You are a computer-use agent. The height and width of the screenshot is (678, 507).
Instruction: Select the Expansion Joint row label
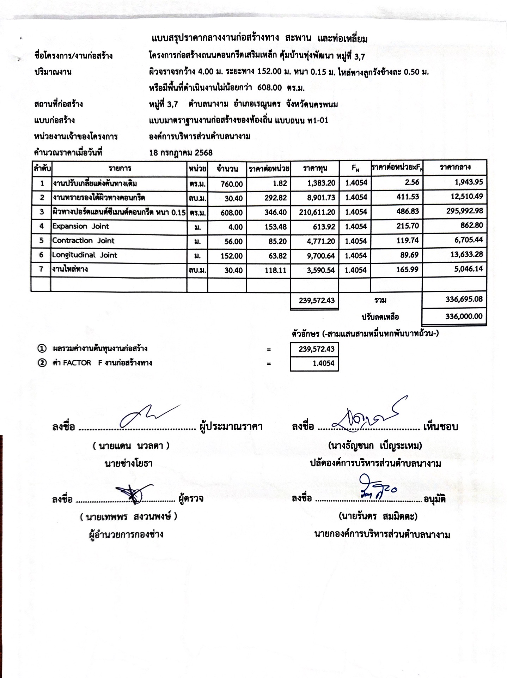point(81,226)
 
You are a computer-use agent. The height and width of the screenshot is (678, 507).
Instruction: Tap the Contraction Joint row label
point(84,241)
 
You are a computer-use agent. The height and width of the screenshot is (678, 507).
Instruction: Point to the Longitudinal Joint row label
point(85,255)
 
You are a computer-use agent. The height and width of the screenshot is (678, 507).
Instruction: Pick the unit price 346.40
point(276,212)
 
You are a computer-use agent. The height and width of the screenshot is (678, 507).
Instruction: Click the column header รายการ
point(120,169)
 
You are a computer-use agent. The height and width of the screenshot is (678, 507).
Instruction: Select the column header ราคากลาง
point(455,167)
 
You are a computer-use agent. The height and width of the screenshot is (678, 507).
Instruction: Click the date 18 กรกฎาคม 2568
point(181,153)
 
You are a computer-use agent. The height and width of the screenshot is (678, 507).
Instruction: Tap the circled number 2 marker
point(42,363)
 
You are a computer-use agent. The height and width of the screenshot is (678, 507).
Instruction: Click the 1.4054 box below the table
point(314,363)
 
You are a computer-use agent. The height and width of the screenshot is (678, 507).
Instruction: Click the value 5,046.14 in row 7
point(466,270)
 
